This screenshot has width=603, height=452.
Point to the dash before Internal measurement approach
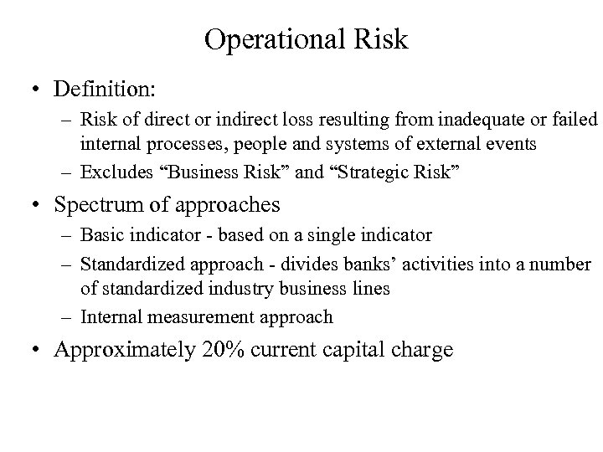point(69,316)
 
